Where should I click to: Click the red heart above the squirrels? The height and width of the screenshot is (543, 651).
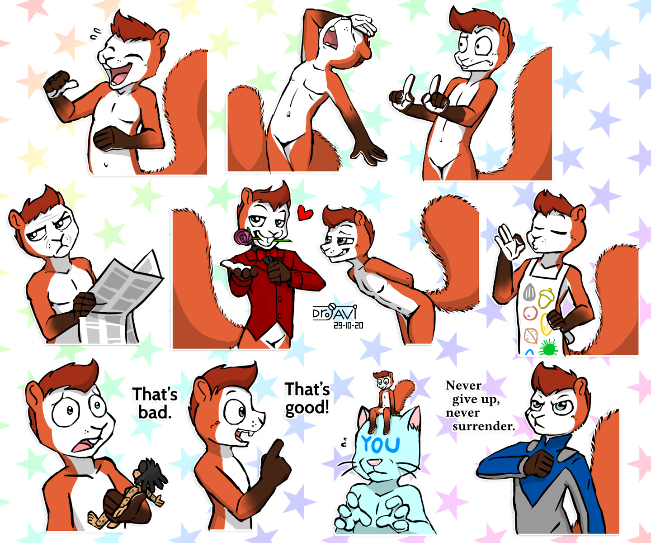pos(305,213)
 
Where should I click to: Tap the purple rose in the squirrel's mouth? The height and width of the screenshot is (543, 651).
pos(243,237)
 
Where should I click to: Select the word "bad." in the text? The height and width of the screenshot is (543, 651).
pos(155,413)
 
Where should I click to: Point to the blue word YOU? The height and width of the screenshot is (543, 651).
pos(380,444)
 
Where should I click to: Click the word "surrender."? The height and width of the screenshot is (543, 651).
pos(483,426)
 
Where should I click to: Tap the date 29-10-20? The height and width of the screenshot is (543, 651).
pos(348,325)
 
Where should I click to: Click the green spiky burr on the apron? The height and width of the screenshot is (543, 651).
pos(548,348)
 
